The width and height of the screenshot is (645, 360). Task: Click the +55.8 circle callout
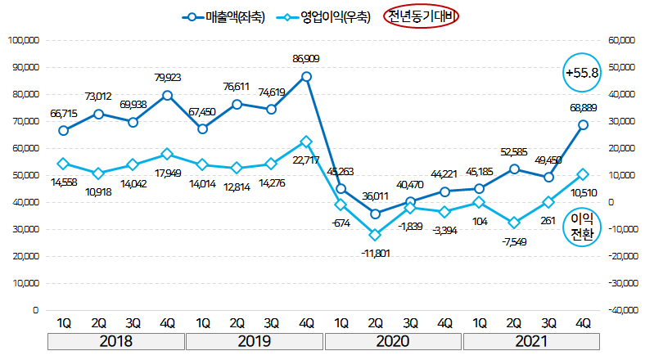(x=583, y=73)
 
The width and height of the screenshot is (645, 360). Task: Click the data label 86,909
(x=306, y=59)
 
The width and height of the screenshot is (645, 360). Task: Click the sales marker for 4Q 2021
(x=584, y=124)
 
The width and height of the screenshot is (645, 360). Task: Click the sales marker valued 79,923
(x=168, y=95)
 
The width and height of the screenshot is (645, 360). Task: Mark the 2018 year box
(x=115, y=341)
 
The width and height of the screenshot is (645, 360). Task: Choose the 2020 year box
(x=393, y=341)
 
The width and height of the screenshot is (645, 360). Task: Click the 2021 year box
(x=531, y=341)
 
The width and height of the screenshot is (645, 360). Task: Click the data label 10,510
(x=583, y=193)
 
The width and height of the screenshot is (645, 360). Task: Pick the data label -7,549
(x=514, y=241)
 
